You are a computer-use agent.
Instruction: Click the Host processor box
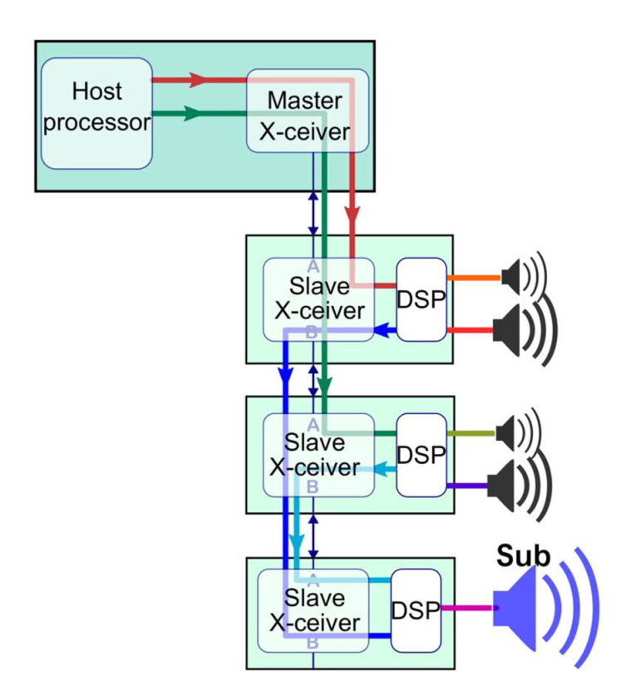tap(96, 113)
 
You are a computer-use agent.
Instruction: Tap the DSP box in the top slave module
tap(421, 299)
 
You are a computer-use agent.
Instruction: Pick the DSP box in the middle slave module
tap(421, 456)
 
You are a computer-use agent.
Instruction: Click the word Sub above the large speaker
tap(523, 556)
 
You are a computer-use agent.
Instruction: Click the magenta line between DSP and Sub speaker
tap(467, 610)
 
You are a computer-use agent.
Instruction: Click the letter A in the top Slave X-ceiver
tap(313, 265)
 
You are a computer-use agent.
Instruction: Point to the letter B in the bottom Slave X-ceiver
tap(313, 643)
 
